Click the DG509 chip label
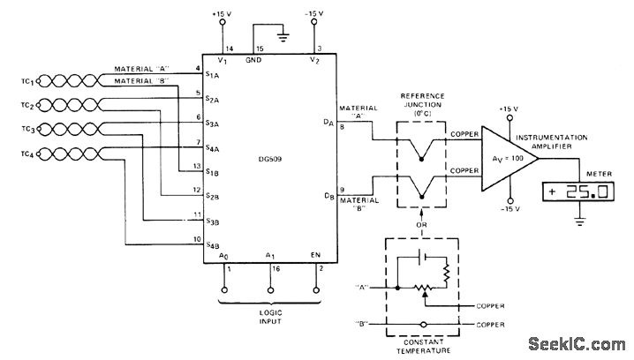[x=269, y=159]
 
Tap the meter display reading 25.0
[x=577, y=191]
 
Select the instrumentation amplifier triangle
[x=509, y=159]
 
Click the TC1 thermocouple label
[x=28, y=81]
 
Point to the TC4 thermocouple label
[x=28, y=154]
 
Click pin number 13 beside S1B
[x=197, y=166]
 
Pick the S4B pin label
[x=212, y=245]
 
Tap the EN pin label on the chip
[x=315, y=255]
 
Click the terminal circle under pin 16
[x=270, y=290]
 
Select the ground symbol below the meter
[x=580, y=221]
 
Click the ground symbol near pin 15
[x=283, y=37]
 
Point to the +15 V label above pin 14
[x=222, y=14]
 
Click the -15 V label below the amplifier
[x=509, y=209]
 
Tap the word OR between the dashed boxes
[x=421, y=225]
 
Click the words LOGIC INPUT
[x=270, y=317]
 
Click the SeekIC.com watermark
[x=577, y=344]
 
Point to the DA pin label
[x=328, y=122]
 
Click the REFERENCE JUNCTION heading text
[x=422, y=101]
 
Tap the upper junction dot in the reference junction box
[x=421, y=159]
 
